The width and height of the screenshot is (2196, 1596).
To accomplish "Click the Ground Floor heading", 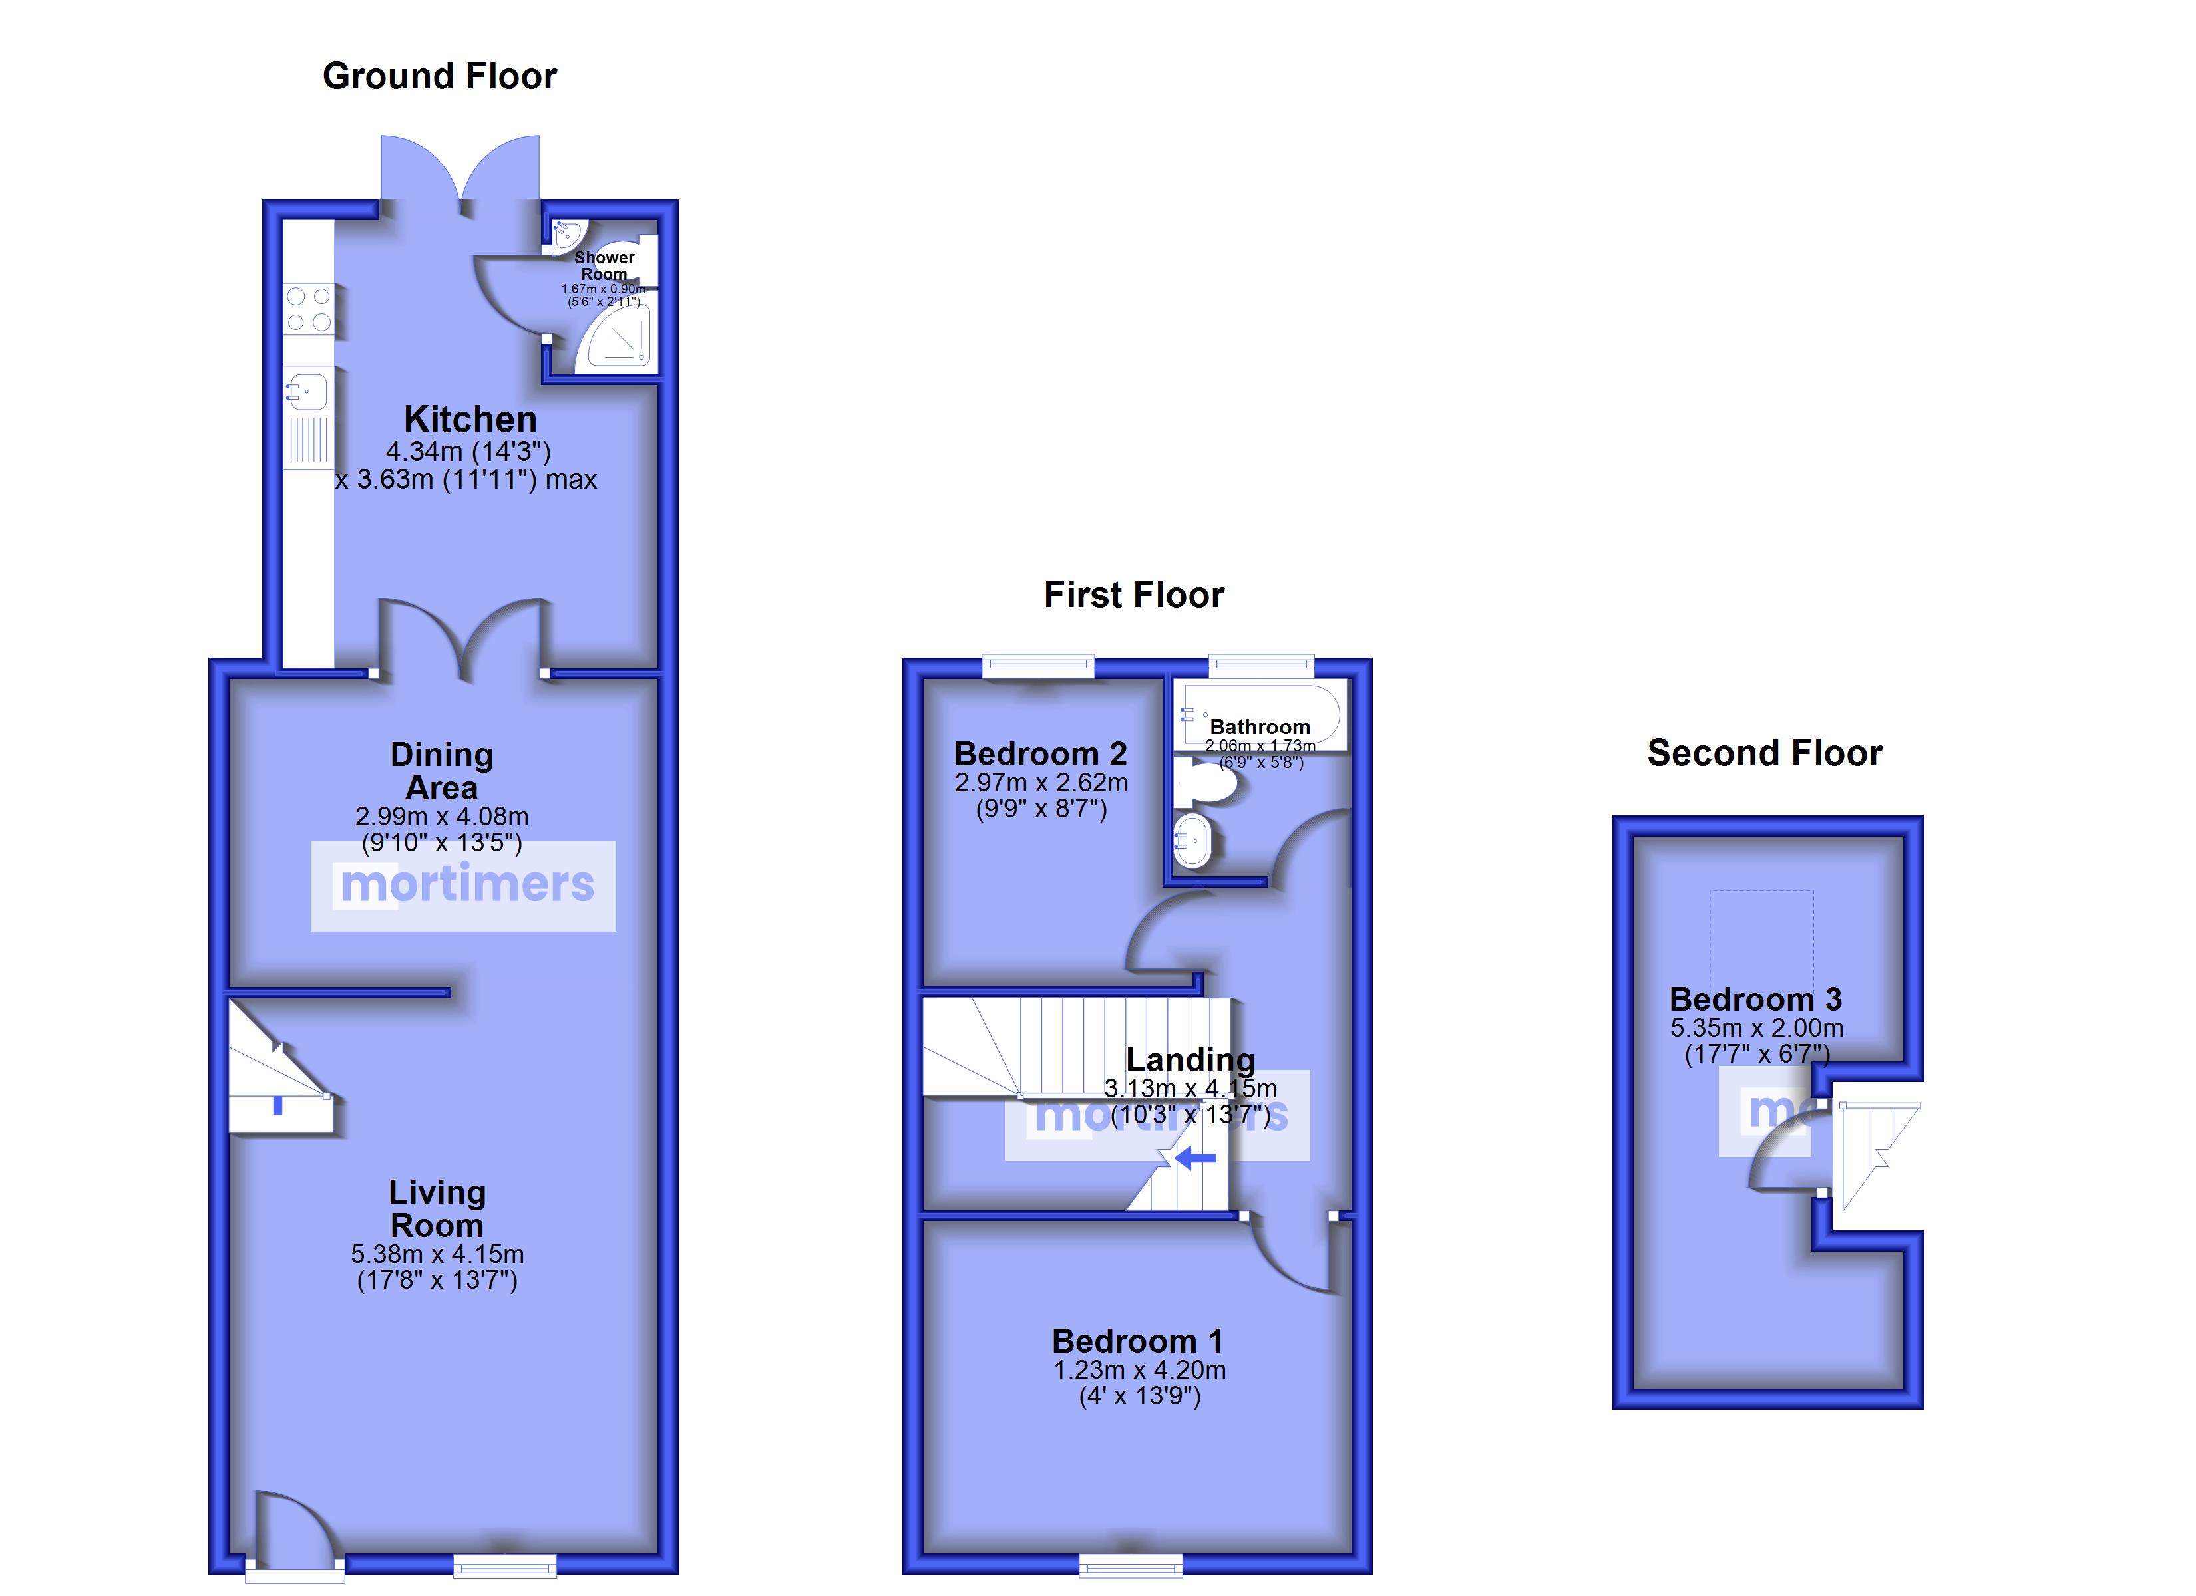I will [440, 76].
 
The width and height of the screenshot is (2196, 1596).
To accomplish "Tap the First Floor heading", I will [1134, 595].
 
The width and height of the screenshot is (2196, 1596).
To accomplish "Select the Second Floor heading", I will [1764, 753].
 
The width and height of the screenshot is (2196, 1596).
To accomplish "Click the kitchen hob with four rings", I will [309, 309].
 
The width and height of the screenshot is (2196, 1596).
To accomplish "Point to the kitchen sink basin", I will [308, 392].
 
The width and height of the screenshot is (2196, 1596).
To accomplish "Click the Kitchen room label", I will [470, 419].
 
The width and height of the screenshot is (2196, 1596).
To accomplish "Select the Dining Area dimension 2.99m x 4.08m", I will [441, 817].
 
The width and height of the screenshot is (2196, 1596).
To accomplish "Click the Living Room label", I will [437, 1209].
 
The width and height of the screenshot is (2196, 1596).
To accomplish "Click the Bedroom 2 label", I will [1041, 754].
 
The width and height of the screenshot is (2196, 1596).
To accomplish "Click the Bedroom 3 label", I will [1755, 999].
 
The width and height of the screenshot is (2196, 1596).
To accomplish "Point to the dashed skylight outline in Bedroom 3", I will [1761, 934].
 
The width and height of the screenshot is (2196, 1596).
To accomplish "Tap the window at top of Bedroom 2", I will [1038, 665].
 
